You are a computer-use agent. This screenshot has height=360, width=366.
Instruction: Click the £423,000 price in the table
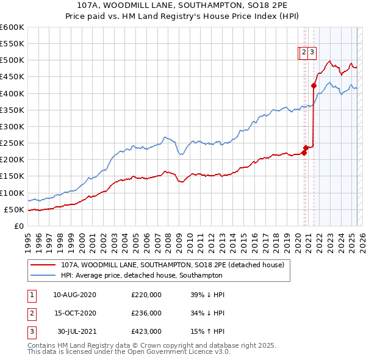146,331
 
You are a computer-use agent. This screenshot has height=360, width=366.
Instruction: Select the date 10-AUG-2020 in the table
74,295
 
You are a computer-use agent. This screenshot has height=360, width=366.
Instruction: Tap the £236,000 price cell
146,313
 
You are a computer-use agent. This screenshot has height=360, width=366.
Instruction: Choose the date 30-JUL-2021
74,331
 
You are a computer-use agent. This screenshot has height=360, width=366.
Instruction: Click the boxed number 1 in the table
32,295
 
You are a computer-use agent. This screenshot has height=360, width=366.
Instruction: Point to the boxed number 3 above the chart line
312,53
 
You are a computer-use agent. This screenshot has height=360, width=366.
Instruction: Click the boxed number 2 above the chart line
303,53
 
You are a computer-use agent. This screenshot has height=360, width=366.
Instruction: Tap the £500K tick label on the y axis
12,60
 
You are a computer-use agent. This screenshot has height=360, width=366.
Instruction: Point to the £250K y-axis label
12,143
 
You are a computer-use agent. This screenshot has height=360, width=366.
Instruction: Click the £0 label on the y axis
18,226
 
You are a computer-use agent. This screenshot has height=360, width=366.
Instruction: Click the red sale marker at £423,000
314,86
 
